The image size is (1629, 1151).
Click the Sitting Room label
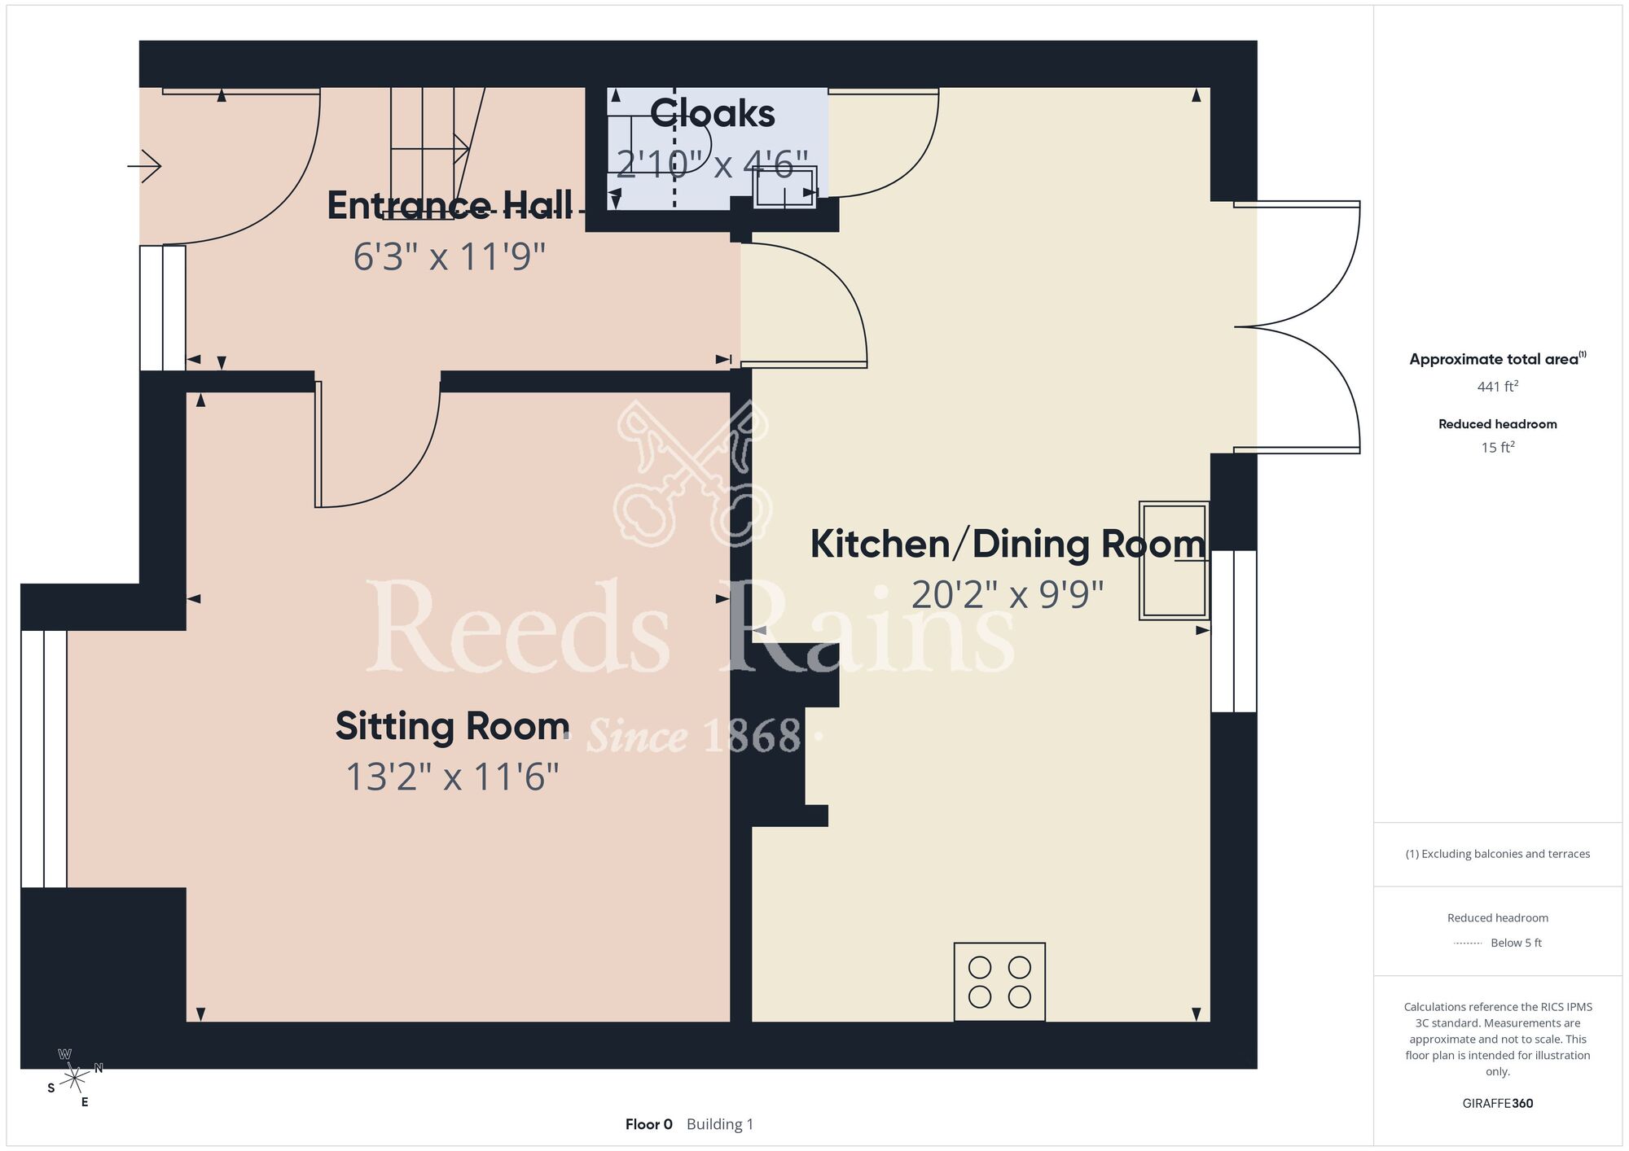pyautogui.click(x=452, y=726)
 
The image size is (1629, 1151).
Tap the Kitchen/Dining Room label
pyautogui.click(x=1008, y=544)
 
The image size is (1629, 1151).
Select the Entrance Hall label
pyautogui.click(x=450, y=205)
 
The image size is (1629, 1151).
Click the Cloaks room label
pyautogui.click(x=713, y=113)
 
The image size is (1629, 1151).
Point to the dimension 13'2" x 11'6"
pyautogui.click(x=452, y=777)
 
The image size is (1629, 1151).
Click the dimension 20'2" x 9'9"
pyautogui.click(x=1008, y=595)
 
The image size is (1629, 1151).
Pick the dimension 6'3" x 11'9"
pyautogui.click(x=449, y=256)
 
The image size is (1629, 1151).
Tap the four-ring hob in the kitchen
pyautogui.click(x=999, y=982)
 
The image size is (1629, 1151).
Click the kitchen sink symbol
pyautogui.click(x=1174, y=561)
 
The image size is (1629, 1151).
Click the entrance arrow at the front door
pyautogui.click(x=145, y=166)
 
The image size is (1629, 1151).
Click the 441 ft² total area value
pyautogui.click(x=1498, y=387)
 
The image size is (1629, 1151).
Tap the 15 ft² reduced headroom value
pyautogui.click(x=1498, y=447)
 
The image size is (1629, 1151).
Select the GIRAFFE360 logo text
pyautogui.click(x=1498, y=1104)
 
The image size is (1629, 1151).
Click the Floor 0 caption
pyautogui.click(x=649, y=1124)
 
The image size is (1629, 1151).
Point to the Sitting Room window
pyautogui.click(x=44, y=759)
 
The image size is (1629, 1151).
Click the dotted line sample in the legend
pyautogui.click(x=1468, y=943)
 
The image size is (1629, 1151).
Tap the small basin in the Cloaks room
pyautogui.click(x=784, y=188)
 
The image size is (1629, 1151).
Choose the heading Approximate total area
pyautogui.click(x=1498, y=359)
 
